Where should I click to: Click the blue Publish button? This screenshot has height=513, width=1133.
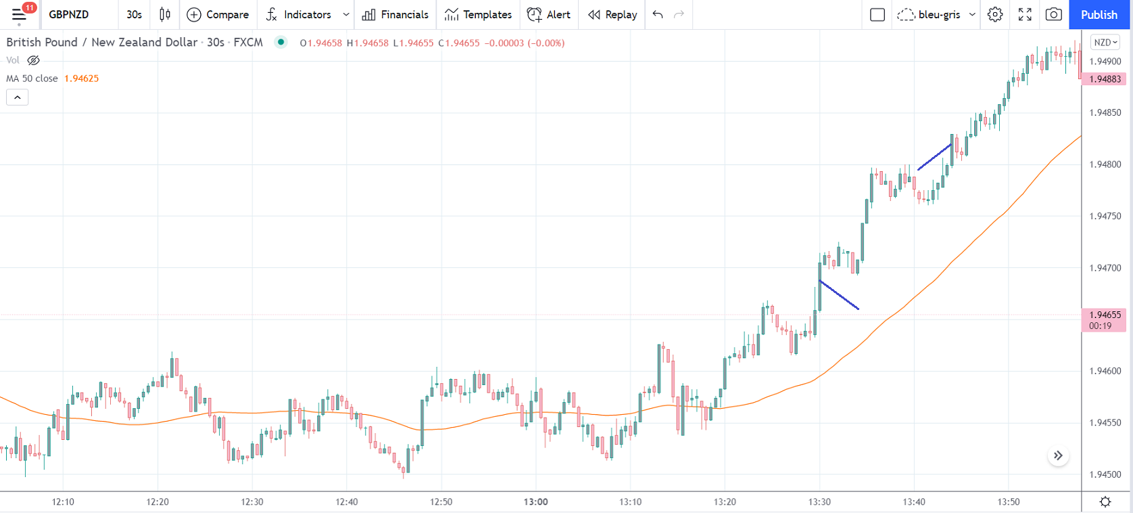click(x=1099, y=14)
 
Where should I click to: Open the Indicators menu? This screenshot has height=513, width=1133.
click(x=299, y=14)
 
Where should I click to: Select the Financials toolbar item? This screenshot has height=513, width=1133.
click(x=395, y=14)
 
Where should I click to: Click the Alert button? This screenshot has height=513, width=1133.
click(x=548, y=14)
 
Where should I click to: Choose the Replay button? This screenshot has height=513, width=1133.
click(x=612, y=14)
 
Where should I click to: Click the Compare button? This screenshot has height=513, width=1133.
click(x=218, y=14)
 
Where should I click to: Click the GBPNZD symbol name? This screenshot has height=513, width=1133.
click(x=69, y=14)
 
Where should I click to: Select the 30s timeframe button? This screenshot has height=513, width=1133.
click(x=135, y=14)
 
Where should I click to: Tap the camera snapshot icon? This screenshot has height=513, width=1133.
click(x=1053, y=14)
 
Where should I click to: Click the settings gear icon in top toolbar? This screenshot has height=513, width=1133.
click(x=994, y=14)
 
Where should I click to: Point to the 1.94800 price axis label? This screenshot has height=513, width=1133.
click(x=1105, y=164)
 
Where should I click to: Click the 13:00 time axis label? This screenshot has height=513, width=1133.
click(x=535, y=502)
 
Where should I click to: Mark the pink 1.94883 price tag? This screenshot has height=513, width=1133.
click(x=1105, y=79)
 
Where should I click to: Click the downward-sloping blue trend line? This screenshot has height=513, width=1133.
click(x=839, y=295)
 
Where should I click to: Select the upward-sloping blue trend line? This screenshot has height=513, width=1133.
click(x=934, y=156)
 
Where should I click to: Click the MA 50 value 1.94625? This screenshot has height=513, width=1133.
click(x=81, y=79)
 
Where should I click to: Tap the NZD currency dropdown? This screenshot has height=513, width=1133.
click(x=1105, y=42)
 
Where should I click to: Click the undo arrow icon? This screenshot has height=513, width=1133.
click(x=658, y=14)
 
